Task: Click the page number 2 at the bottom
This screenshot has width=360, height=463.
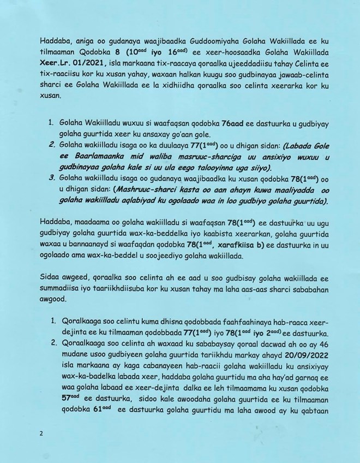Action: [x=41, y=434]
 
